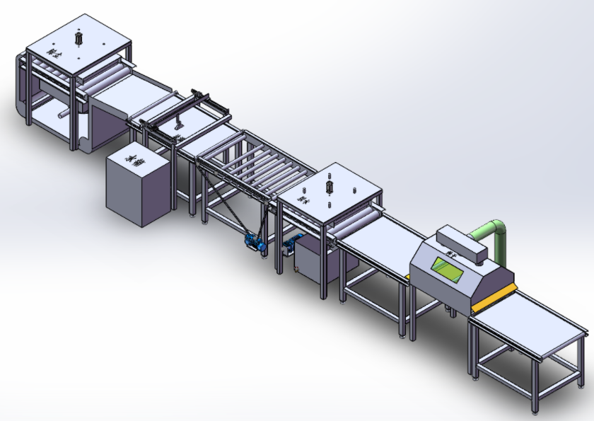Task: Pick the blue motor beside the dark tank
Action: [x=289, y=248]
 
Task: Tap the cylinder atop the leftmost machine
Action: [x=79, y=38]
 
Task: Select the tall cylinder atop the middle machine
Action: [x=329, y=186]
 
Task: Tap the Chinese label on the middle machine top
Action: [x=305, y=199]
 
